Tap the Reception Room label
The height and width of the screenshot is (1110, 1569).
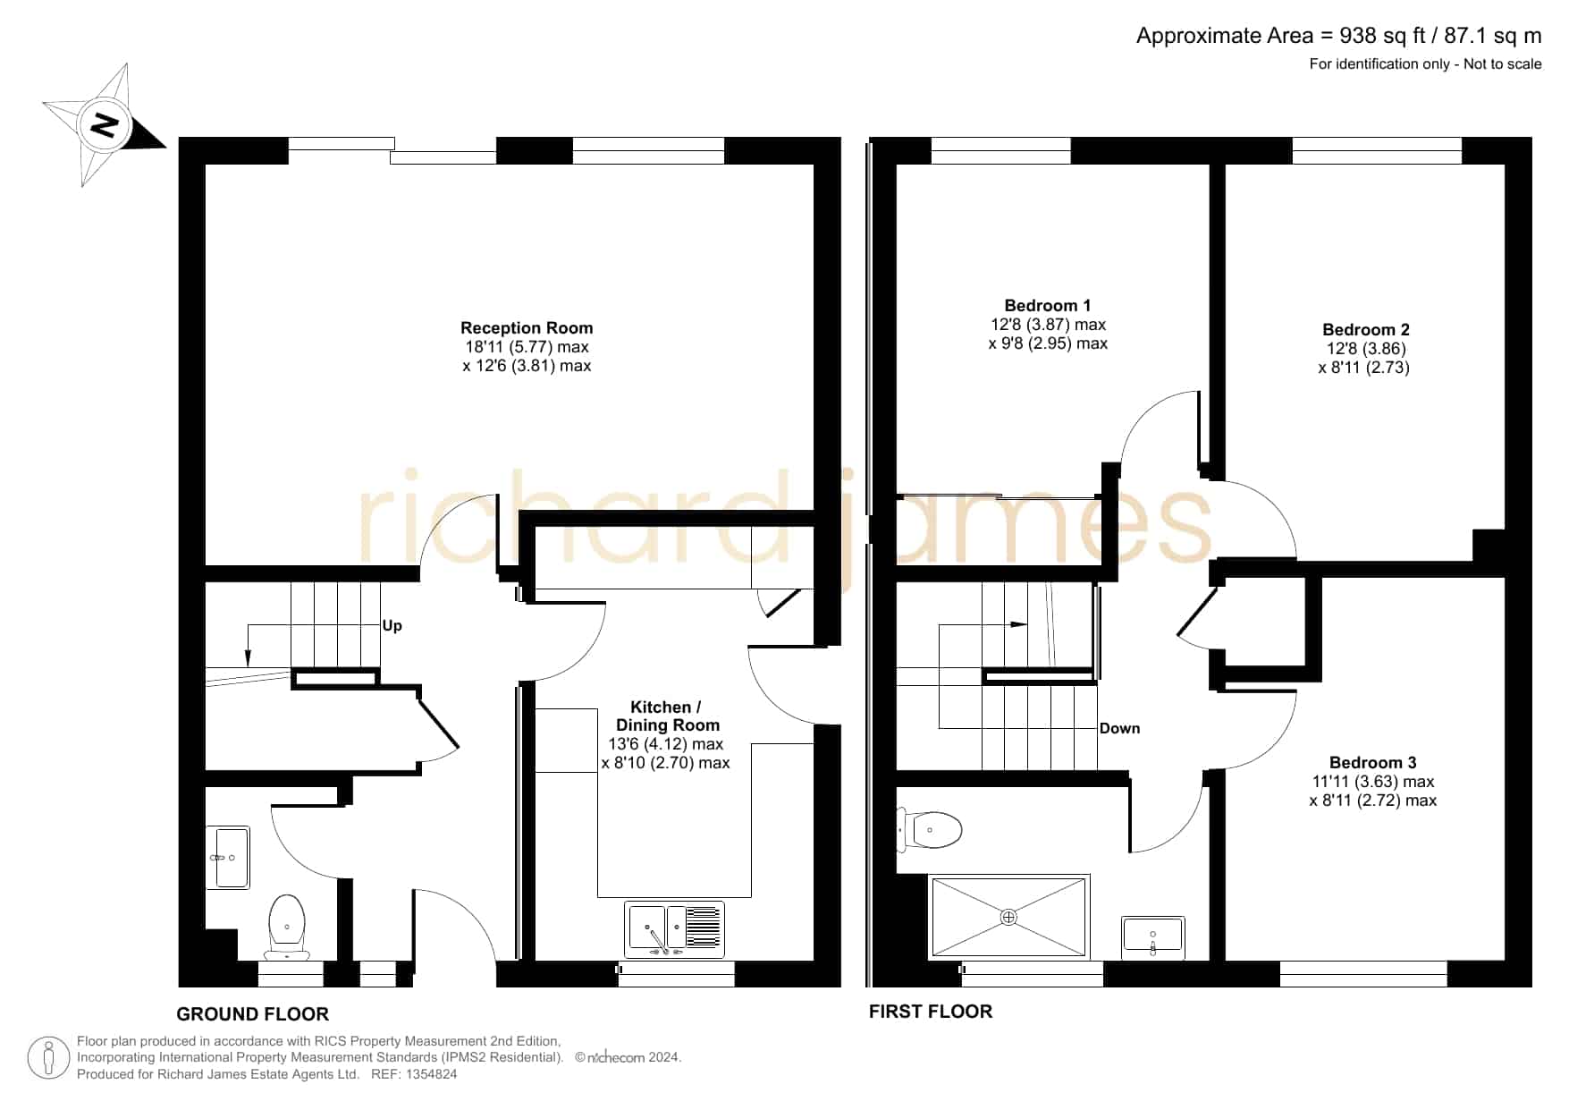tap(527, 328)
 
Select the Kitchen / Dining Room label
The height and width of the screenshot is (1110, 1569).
tap(667, 716)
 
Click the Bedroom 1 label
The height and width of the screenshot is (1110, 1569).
tap(1048, 306)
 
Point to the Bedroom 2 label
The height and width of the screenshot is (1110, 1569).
tap(1365, 330)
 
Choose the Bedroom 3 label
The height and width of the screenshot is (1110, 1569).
tap(1372, 763)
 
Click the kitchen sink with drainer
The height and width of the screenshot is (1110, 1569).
tap(675, 929)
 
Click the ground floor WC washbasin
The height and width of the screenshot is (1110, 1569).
tap(228, 858)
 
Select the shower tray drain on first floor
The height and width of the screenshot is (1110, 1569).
tap(1008, 917)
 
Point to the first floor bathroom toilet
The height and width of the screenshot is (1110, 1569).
tap(930, 830)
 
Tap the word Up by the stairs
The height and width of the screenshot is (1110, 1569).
tap(392, 626)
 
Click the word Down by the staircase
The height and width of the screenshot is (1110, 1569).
tap(1119, 729)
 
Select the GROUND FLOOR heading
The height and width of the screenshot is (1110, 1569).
tap(252, 1014)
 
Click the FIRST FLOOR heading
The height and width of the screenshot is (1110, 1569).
tap(931, 1012)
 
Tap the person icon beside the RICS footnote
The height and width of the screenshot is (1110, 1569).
tap(48, 1058)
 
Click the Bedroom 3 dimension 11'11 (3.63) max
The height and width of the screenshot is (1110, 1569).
tap(1372, 782)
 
